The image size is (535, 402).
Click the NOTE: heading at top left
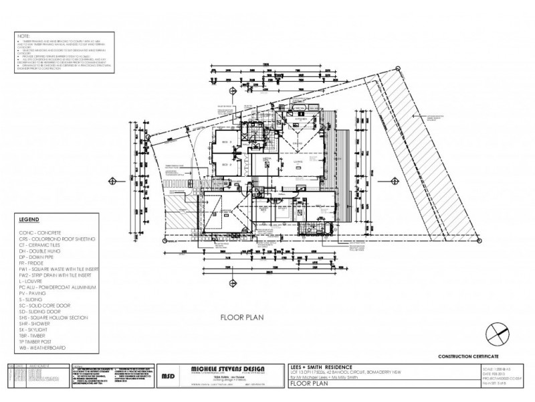[24, 34]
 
